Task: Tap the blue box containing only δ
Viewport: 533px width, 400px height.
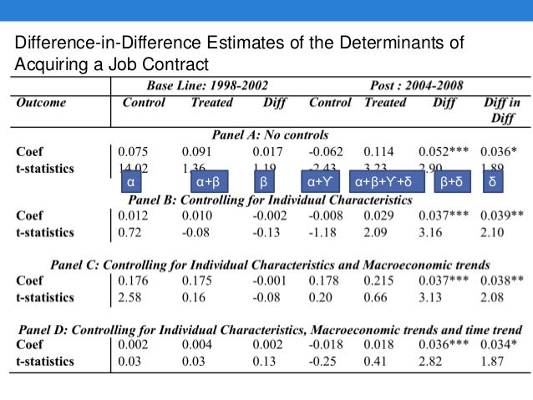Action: coord(493,181)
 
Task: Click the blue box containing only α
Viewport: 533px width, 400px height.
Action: coord(130,181)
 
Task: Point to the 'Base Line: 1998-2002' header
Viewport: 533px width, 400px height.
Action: coord(206,85)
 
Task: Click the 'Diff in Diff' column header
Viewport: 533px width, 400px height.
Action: coord(503,110)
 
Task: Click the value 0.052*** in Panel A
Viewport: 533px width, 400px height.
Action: coord(444,152)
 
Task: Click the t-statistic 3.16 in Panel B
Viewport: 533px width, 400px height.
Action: coord(433,231)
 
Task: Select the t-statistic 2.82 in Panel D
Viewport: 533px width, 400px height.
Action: coord(433,361)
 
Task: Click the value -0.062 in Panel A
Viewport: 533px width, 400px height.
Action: coord(327,152)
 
